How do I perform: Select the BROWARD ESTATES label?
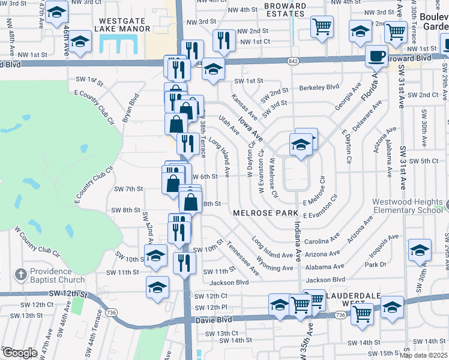[x=286, y=10]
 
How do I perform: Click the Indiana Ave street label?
[x=298, y=241]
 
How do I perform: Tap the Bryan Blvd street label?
[x=131, y=108]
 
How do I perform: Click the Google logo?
[x=20, y=353]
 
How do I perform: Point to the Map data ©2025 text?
[x=424, y=355]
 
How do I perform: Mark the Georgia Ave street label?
[x=348, y=96]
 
